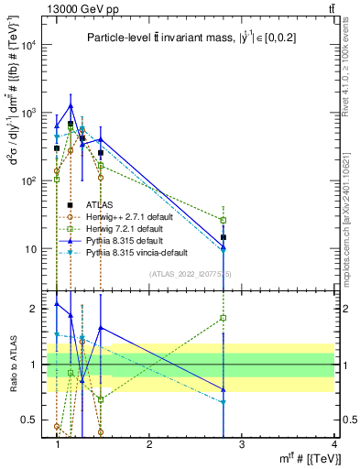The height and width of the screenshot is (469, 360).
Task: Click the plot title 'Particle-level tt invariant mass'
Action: click(183, 38)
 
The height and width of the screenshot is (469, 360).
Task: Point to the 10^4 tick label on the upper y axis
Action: click(30, 45)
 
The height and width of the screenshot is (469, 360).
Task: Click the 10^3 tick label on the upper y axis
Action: click(30, 113)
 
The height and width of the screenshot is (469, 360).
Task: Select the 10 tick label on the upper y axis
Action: click(33, 249)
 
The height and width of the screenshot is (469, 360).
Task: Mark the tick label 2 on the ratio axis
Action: click(37, 309)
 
